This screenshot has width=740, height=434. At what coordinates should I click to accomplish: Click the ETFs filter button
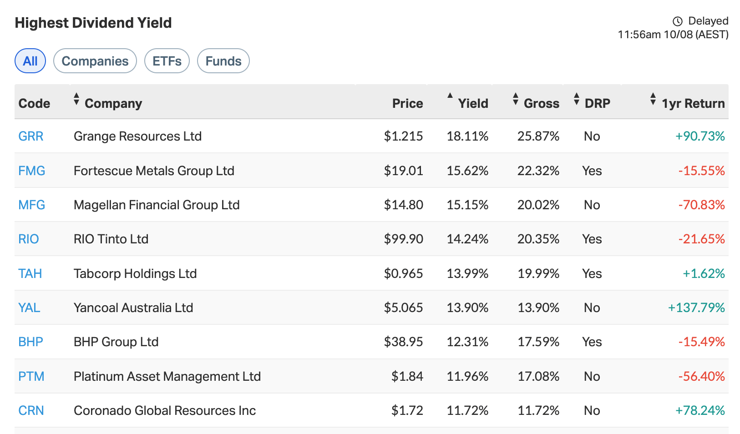(167, 61)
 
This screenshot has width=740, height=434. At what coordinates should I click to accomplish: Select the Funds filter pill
(223, 61)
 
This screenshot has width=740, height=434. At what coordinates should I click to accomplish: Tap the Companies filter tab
(95, 61)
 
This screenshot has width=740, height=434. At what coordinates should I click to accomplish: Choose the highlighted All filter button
(30, 61)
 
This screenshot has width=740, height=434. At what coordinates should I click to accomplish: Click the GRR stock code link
(30, 136)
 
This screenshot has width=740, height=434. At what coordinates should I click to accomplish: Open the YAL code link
(29, 308)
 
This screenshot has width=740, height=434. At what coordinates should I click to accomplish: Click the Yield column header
(472, 103)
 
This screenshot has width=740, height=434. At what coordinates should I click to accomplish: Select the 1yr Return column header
(692, 103)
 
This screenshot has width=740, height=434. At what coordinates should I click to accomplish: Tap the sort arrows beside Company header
(76, 99)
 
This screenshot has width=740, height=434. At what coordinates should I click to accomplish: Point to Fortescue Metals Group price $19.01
(403, 171)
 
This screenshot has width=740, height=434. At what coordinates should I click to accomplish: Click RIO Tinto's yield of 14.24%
(467, 239)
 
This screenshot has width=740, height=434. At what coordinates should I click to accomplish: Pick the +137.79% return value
(696, 308)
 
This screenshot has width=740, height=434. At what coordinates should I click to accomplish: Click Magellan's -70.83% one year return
(701, 205)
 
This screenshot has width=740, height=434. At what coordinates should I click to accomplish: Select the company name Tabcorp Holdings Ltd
(135, 273)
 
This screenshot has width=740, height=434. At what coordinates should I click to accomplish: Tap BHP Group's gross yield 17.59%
(538, 342)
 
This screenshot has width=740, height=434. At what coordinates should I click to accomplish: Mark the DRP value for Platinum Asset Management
(592, 376)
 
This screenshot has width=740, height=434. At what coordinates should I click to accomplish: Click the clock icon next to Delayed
(678, 21)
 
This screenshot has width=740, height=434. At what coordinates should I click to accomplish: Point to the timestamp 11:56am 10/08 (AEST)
(673, 35)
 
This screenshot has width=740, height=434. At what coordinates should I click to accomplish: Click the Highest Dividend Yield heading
(93, 23)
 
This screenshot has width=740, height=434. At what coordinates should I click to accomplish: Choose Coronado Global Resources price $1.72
(407, 410)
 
